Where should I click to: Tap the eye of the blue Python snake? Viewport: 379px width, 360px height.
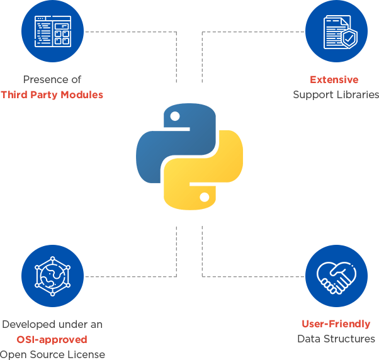coord(176,116)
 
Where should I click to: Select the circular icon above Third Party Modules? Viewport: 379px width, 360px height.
coord(52,31)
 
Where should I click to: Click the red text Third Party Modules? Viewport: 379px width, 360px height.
coord(52,95)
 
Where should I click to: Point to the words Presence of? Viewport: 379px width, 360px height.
coord(52,80)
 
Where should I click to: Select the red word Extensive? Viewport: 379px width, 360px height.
coord(334,80)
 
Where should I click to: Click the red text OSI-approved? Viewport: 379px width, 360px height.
coord(52,339)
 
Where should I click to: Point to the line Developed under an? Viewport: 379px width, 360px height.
coord(52,325)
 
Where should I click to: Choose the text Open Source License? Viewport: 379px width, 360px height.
coord(52,354)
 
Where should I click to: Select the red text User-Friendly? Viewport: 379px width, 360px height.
coord(336,324)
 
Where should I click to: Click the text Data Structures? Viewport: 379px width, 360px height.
coord(336,339)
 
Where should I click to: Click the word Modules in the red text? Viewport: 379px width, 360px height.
coord(81,95)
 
